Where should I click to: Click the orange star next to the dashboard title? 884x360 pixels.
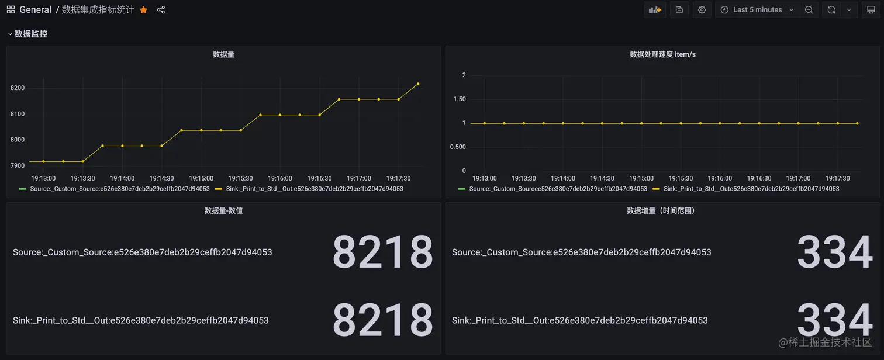[x=143, y=10]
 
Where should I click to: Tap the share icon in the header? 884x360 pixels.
[x=161, y=10]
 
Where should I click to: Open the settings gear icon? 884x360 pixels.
[x=702, y=10]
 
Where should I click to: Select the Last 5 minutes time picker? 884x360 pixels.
[x=757, y=10]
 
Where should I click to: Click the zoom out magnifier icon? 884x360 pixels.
[x=809, y=10]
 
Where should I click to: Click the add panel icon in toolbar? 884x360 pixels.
[x=655, y=10]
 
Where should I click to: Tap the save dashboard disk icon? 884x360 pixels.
[x=679, y=10]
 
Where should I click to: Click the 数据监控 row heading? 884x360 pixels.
[x=31, y=34]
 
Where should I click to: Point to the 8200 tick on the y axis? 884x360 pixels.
[x=18, y=88]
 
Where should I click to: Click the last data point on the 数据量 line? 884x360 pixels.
[x=418, y=84]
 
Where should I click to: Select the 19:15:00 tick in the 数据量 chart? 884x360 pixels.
[x=201, y=178]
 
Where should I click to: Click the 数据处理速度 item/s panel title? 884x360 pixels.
[x=662, y=54]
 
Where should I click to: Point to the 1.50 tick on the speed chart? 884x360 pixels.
[x=460, y=99]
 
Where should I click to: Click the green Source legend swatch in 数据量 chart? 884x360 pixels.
[x=23, y=189]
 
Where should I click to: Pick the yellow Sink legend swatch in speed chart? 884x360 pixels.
[x=656, y=189]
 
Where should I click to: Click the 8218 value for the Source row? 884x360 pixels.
[x=382, y=252]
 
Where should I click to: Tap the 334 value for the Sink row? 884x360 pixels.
[x=834, y=320]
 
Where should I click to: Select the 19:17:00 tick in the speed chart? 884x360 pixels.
[x=798, y=178]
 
